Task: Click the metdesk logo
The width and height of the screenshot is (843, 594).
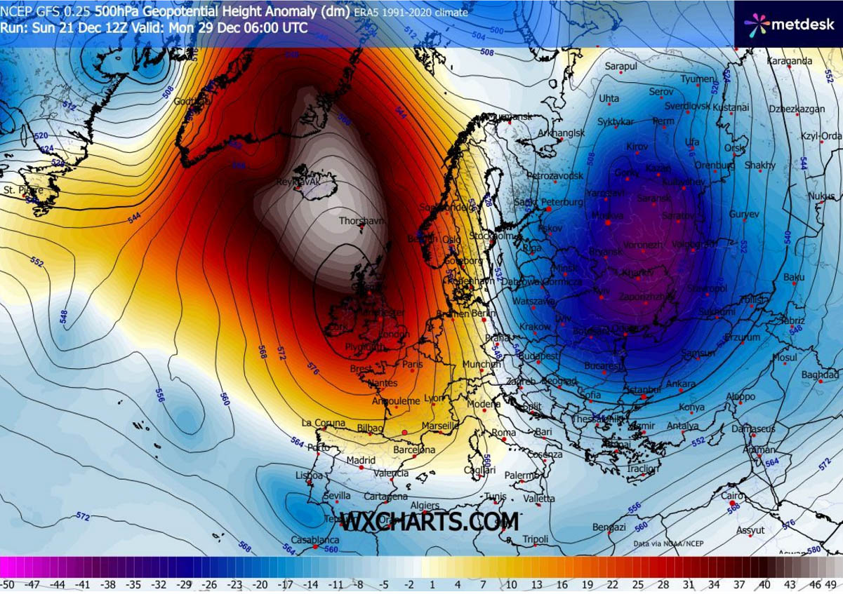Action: [787, 25]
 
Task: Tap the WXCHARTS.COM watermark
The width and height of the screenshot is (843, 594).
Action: [430, 522]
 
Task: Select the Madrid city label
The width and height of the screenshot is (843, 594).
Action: [361, 460]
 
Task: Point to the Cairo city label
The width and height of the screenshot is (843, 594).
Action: [732, 496]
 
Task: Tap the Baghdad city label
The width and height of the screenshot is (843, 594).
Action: [820, 375]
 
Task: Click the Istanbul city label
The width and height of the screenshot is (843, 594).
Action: [644, 389]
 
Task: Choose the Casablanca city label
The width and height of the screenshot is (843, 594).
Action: [317, 540]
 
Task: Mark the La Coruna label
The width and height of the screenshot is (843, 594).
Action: [324, 423]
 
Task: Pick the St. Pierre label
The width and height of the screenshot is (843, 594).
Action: [20, 190]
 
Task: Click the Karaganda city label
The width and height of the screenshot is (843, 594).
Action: [789, 61]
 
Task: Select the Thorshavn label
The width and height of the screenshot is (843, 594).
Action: [362, 221]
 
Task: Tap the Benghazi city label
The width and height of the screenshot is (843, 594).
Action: [609, 527]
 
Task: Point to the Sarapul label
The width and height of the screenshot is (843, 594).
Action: [620, 67]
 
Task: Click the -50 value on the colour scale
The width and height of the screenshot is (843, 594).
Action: [8, 583]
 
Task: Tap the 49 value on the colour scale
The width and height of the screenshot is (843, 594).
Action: [832, 583]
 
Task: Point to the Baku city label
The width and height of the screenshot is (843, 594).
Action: [794, 278]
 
